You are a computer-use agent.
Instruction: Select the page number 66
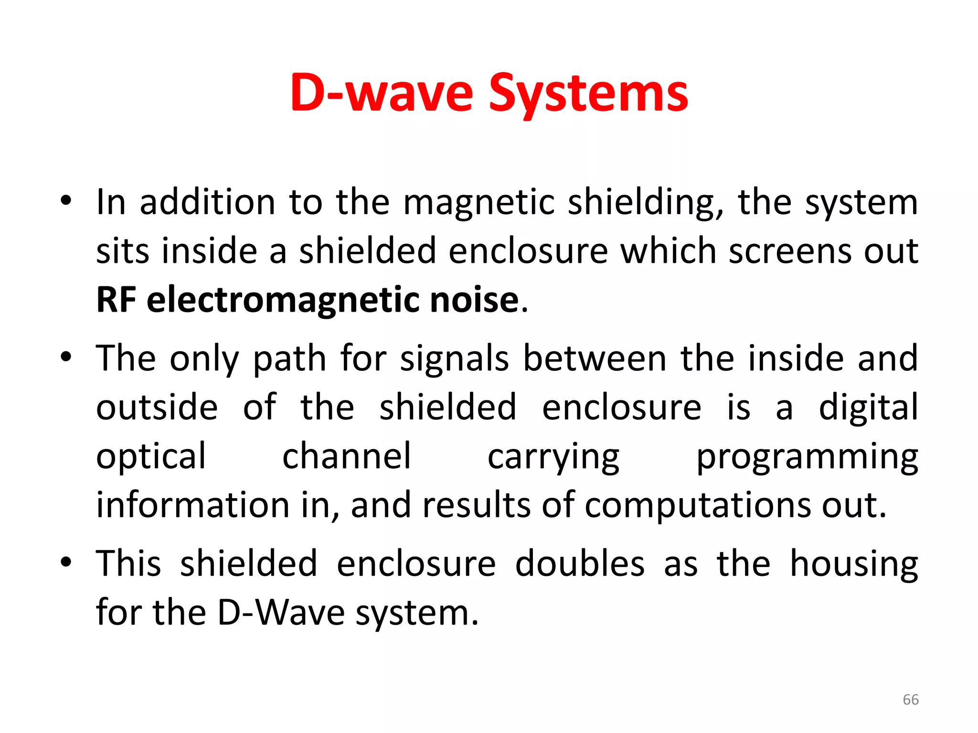(911, 700)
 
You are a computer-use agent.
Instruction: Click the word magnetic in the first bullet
(478, 203)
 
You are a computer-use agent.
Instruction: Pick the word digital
(868, 408)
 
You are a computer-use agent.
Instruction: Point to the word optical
(151, 456)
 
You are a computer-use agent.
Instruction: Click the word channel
(346, 456)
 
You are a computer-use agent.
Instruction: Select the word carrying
(553, 457)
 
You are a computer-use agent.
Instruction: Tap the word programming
(807, 457)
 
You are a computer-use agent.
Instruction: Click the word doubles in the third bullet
(580, 564)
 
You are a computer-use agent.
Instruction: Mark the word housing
(854, 565)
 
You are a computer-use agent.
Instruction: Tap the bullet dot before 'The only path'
(66, 356)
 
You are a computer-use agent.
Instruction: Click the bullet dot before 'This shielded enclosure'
(66, 562)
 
